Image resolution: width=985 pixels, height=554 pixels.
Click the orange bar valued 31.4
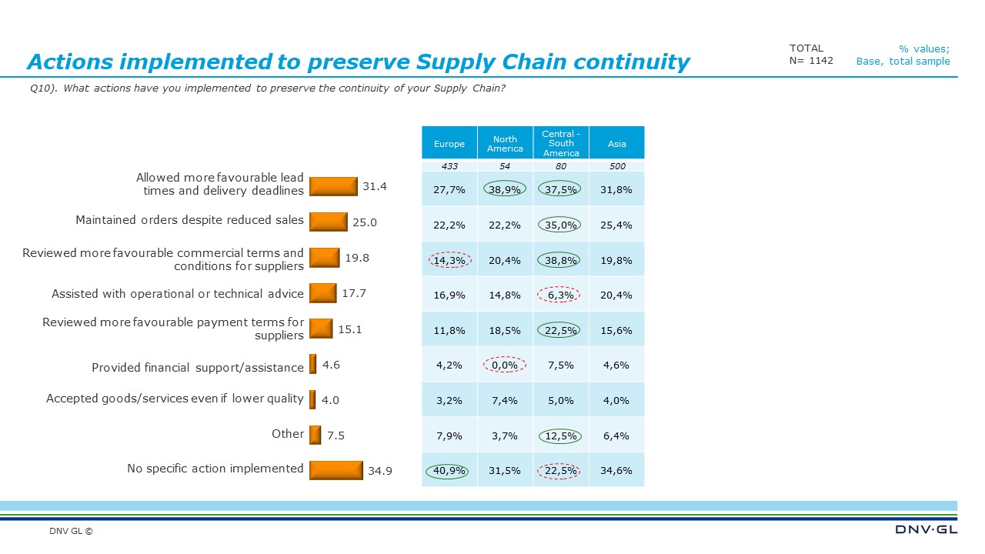[x=333, y=186]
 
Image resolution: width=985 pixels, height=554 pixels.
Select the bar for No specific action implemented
[x=336, y=469]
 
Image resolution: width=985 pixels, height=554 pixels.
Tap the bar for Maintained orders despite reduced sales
[x=328, y=222]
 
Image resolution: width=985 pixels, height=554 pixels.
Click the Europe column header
[x=449, y=144]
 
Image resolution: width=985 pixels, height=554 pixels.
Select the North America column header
[x=505, y=144]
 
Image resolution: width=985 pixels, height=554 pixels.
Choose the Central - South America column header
[x=561, y=143]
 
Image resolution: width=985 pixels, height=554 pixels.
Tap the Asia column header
[x=616, y=144]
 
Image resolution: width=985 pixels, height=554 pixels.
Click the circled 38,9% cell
[x=505, y=189]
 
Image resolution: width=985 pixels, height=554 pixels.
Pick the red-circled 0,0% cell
[x=505, y=365]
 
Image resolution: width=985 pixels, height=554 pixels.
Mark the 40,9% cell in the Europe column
[x=449, y=471]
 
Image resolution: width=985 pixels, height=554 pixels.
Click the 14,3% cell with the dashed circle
[x=449, y=260]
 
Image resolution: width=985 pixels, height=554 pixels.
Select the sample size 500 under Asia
[x=616, y=166]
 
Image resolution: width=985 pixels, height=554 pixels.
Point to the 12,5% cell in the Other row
[x=561, y=436]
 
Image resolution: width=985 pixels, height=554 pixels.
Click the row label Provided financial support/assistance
[x=198, y=368]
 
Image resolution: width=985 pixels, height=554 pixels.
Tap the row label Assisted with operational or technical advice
[x=178, y=294]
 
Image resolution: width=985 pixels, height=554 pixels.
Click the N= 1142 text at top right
[x=811, y=61]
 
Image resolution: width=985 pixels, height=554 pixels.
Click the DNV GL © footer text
[x=71, y=531]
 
